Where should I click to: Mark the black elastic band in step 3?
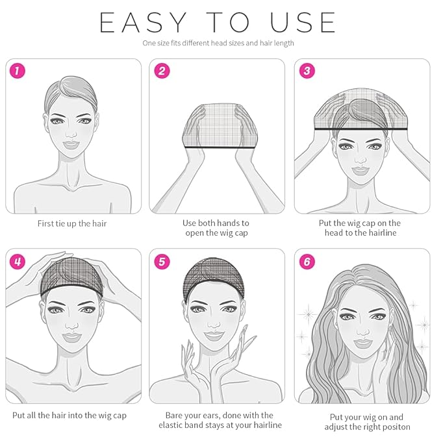(x=362, y=131)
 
